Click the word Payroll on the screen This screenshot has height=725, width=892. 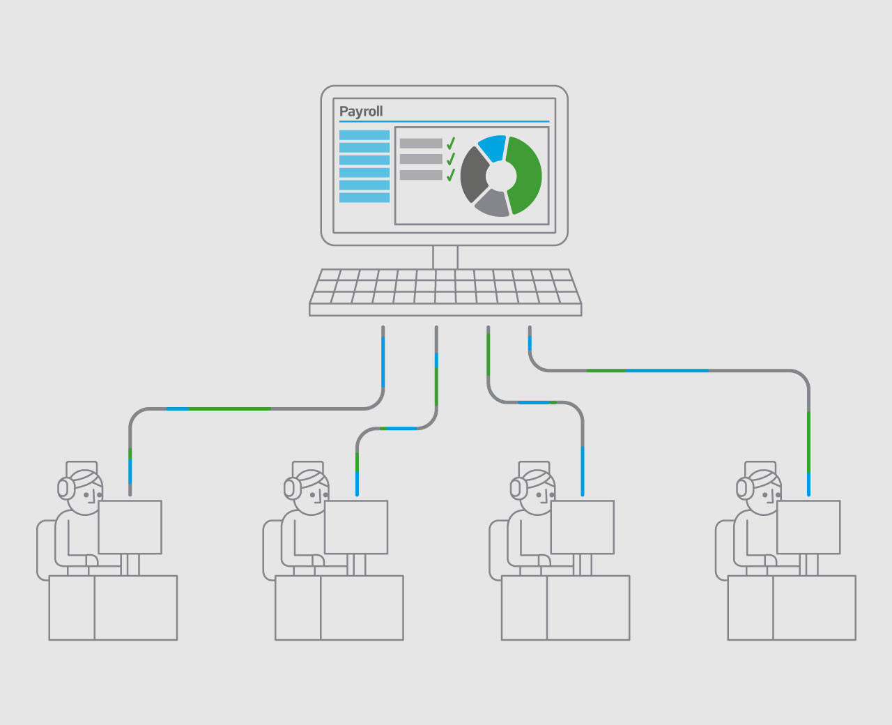pos(360,112)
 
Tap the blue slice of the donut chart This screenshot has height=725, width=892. pos(493,147)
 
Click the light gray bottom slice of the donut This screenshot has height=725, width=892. pos(493,204)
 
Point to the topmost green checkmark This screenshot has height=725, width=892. pos(451,143)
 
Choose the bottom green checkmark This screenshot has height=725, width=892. pos(451,175)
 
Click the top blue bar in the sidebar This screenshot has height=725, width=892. pos(364,135)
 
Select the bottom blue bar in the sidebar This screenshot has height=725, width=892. pos(364,197)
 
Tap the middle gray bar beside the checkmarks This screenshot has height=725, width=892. pos(421,159)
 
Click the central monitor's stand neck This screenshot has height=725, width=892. pos(445,257)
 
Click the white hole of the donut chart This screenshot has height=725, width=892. pos(501,176)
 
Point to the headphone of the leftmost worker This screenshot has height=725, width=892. pos(65,488)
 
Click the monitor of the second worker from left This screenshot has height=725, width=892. pos(356,527)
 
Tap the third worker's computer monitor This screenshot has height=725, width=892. pos(582,527)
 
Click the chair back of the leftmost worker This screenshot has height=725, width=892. pos(45,550)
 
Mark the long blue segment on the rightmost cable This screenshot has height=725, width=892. pos(667,371)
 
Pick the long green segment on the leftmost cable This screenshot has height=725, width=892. pos(229,409)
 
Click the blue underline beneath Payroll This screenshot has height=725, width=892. pos(445,121)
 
